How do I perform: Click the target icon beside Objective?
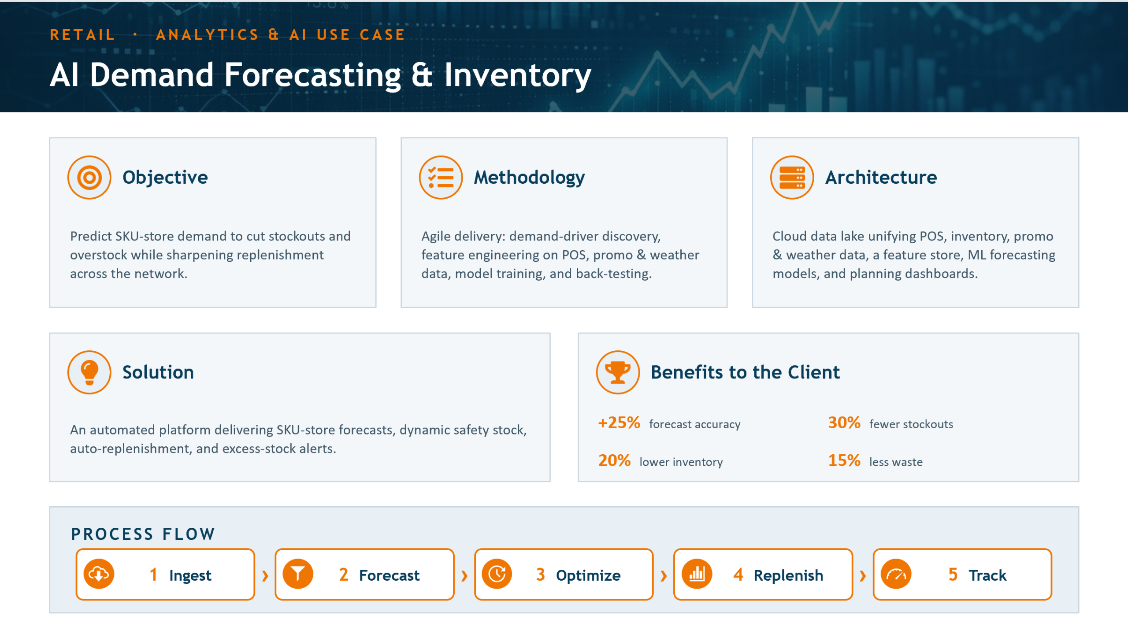point(89,178)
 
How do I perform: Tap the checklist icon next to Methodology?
point(441,178)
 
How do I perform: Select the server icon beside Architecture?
point(792,178)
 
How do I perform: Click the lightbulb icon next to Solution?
point(89,372)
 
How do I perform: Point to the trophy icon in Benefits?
point(618,372)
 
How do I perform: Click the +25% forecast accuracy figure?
point(619,423)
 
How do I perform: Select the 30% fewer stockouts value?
point(844,423)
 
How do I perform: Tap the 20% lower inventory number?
point(614,461)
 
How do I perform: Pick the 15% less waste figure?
point(844,461)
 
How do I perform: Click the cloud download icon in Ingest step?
point(99,574)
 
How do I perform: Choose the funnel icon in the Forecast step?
point(298,574)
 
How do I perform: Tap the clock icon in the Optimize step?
point(497,574)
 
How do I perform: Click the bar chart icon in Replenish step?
point(697,574)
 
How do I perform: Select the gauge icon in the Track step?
point(896,574)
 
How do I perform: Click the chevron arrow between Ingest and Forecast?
point(265,575)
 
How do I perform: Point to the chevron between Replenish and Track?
point(863,575)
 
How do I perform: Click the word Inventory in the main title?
point(518,76)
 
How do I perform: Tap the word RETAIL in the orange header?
point(82,35)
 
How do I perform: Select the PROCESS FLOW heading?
point(143,534)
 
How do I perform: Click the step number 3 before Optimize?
point(541,575)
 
